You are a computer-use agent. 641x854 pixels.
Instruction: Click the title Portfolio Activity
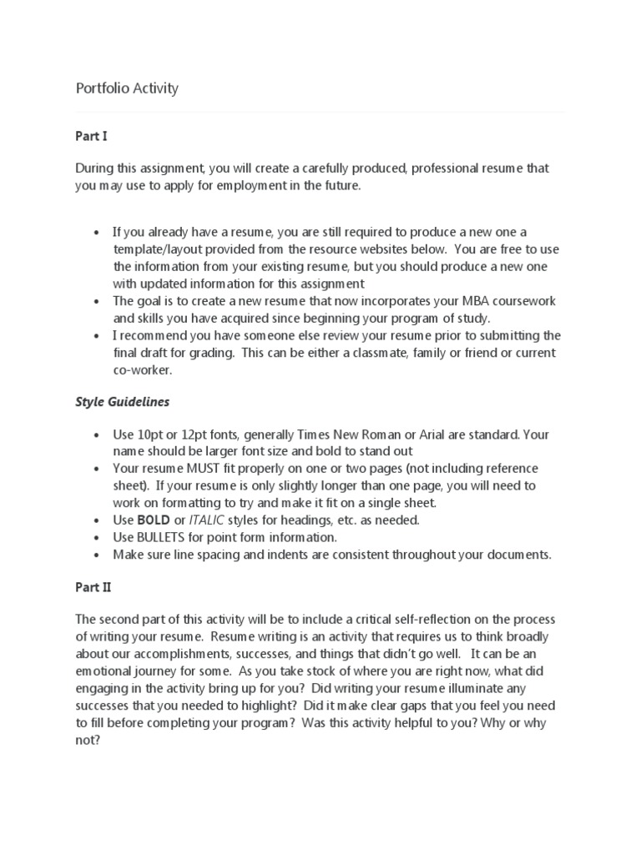[127, 88]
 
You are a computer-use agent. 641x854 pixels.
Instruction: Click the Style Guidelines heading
[122, 402]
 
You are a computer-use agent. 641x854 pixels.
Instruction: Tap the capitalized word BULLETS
[164, 538]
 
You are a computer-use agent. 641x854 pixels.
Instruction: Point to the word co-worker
[142, 369]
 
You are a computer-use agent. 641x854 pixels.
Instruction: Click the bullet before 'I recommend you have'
[97, 336]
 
